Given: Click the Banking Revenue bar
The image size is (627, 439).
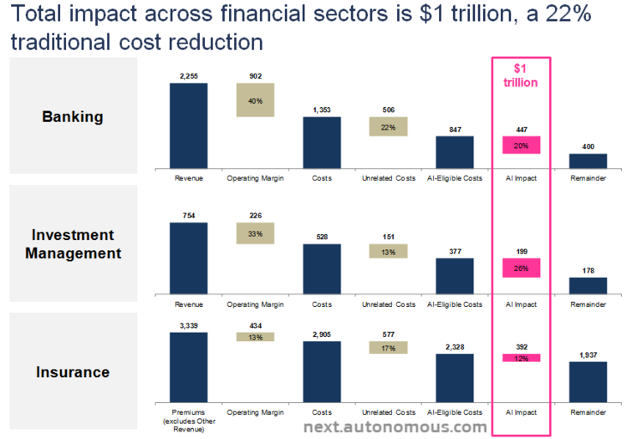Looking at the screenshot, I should coord(189,125).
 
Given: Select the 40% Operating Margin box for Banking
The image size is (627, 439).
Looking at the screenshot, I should coord(255,100).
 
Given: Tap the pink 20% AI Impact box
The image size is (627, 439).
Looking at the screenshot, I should coord(521,145).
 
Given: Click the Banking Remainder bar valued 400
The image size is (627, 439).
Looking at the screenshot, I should coord(588,161).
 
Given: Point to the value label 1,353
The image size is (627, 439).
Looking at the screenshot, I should coord(321,110).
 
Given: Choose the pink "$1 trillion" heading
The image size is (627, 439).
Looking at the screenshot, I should coord(520,75).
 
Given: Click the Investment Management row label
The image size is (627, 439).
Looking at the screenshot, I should coord(73,243).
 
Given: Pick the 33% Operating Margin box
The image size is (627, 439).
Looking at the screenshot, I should coord(255,233).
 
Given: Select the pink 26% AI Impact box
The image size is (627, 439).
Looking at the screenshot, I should coord(521,268).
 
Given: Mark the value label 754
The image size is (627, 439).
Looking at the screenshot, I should coord(188,216).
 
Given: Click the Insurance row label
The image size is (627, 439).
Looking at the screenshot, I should coord(73,371).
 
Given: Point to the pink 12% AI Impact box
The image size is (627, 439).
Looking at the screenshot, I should coord(521,358).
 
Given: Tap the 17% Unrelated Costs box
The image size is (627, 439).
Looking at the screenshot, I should coord(388,347).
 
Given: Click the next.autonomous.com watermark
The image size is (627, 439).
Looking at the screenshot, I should coord(395,427).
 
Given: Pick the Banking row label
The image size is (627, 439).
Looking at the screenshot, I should coord(73,116).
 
